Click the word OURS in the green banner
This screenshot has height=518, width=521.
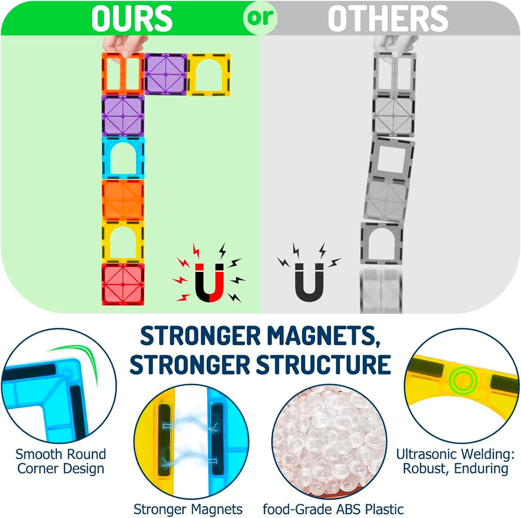(x=132, y=19)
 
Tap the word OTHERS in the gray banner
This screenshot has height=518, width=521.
(x=388, y=19)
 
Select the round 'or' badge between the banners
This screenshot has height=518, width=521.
(x=260, y=18)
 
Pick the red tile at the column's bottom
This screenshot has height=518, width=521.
(x=123, y=284)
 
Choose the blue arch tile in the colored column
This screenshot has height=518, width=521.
(x=123, y=158)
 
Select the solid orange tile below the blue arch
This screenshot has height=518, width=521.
(x=123, y=200)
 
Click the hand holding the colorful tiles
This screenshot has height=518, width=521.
(x=125, y=44)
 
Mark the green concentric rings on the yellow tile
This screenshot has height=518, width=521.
(x=463, y=380)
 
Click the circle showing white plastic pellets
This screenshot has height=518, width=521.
(x=329, y=442)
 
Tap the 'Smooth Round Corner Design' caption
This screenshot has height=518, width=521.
(x=60, y=461)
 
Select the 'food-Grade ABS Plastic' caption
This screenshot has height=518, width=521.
(x=333, y=509)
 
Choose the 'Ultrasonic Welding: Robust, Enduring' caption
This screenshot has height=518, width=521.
(x=455, y=461)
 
